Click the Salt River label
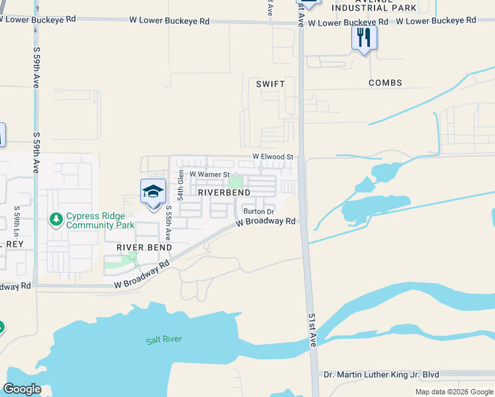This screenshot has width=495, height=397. point(164,340)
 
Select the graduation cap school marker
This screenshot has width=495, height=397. point(153,192)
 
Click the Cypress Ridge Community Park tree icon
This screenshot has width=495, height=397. point(56,218)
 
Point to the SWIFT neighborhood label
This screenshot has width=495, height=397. point(271,84)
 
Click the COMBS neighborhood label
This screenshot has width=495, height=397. point(386,83)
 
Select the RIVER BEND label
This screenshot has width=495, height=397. point(144,247)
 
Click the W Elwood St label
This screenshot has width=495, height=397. point(273,157)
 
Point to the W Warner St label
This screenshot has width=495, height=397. point(210,175)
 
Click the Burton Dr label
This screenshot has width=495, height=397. point(258,212)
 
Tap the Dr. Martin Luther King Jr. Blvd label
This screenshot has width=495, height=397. point(381,375)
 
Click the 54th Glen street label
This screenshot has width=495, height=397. point(180,185)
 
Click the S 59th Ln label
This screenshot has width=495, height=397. point(17,222)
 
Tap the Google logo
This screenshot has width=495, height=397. point(22,389)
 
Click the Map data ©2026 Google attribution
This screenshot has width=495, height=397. point(454,392)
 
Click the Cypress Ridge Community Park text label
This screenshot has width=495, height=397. point(100,221)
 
